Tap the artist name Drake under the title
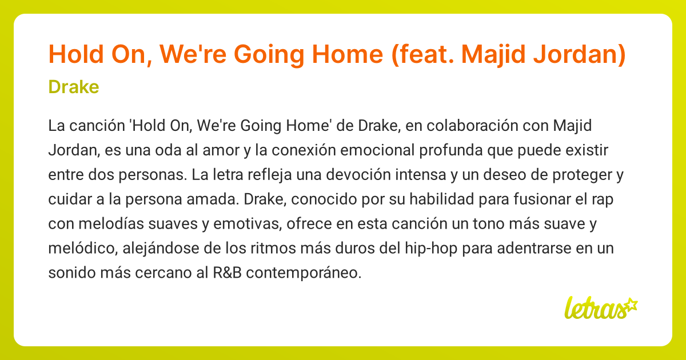click(x=74, y=87)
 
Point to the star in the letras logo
click(x=631, y=306)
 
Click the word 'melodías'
click(x=111, y=224)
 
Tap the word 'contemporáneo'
click(x=304, y=273)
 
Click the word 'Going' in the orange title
click(x=269, y=55)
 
